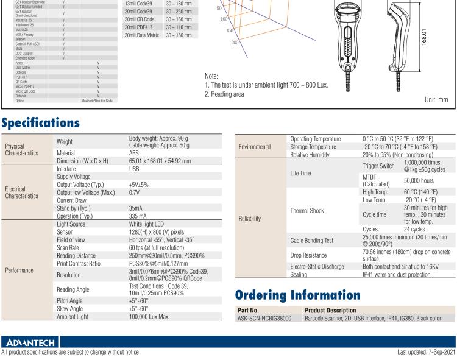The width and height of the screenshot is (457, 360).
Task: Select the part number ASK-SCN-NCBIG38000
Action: pos(263,317)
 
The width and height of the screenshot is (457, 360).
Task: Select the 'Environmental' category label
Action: pos(255,147)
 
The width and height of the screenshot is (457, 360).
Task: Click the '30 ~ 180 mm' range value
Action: pos(179,4)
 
